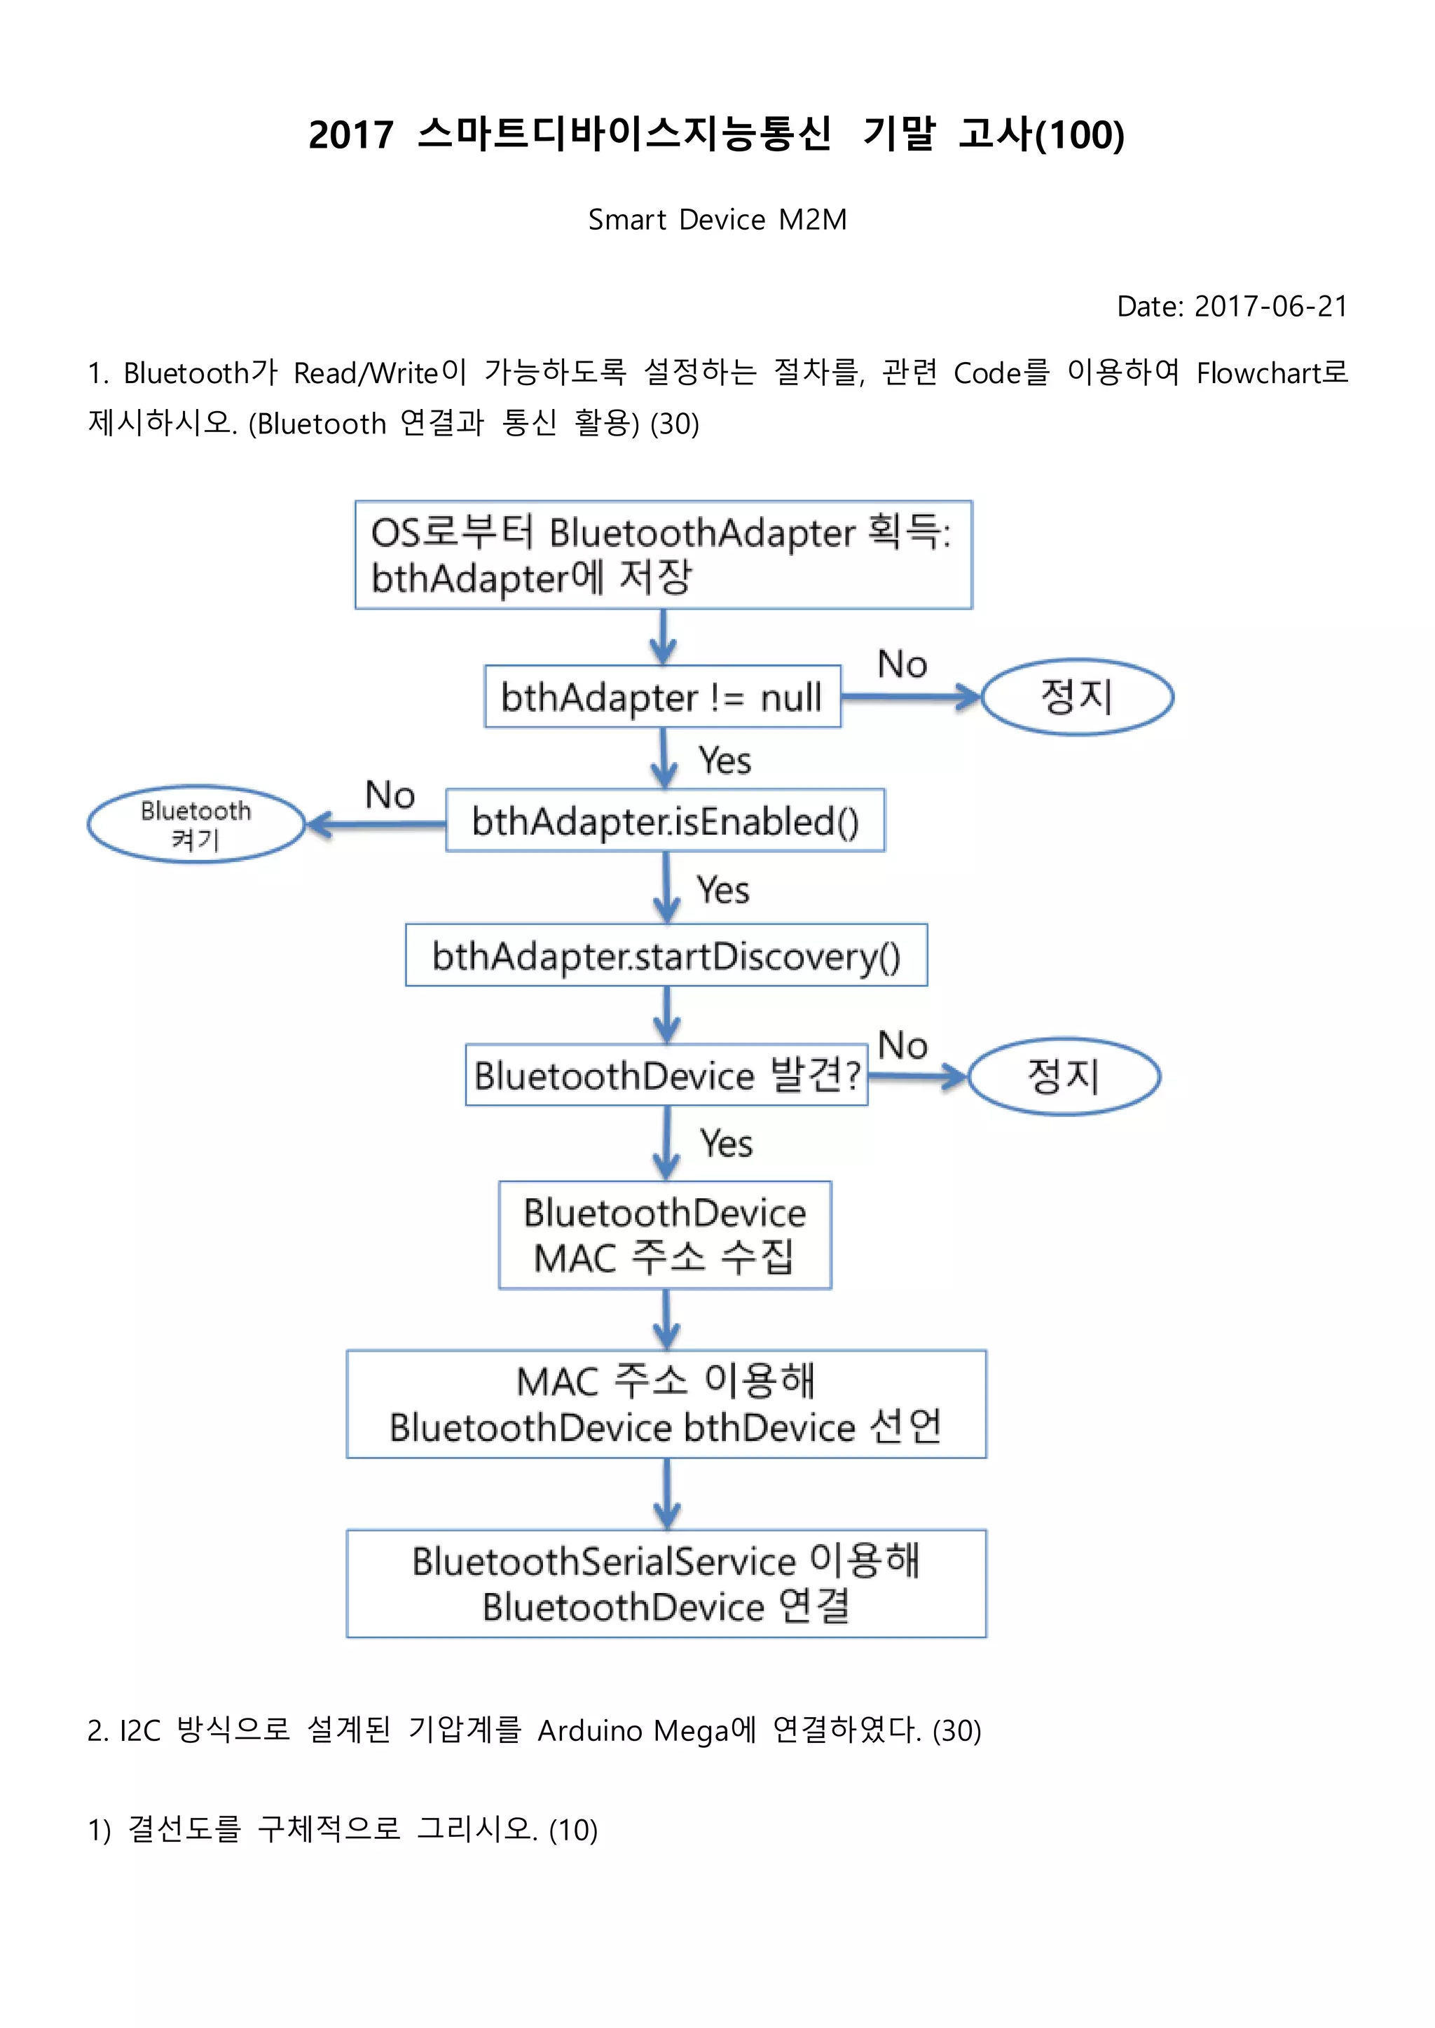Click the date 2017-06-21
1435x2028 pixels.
pyautogui.click(x=1270, y=307)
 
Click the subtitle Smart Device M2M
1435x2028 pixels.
pyautogui.click(x=717, y=219)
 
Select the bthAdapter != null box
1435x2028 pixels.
pyautogui.click(x=662, y=697)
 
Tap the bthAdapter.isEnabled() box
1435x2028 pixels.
pyautogui.click(x=664, y=821)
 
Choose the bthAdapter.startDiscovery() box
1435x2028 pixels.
pyautogui.click(x=666, y=956)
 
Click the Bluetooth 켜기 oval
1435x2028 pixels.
pyautogui.click(x=195, y=824)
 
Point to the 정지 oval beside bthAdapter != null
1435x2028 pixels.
pyautogui.click(x=1077, y=697)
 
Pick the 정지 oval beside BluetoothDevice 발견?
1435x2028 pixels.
pyautogui.click(x=1064, y=1076)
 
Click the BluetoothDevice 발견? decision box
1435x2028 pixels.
pyautogui.click(x=666, y=1076)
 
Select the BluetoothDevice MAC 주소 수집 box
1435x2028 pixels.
pyautogui.click(x=664, y=1235)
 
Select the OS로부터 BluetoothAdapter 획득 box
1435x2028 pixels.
pyautogui.click(x=663, y=555)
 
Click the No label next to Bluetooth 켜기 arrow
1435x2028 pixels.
pyautogui.click(x=390, y=795)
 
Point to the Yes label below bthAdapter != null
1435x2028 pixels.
pyautogui.click(x=725, y=760)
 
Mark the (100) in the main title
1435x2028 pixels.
pyautogui.click(x=1080, y=135)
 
